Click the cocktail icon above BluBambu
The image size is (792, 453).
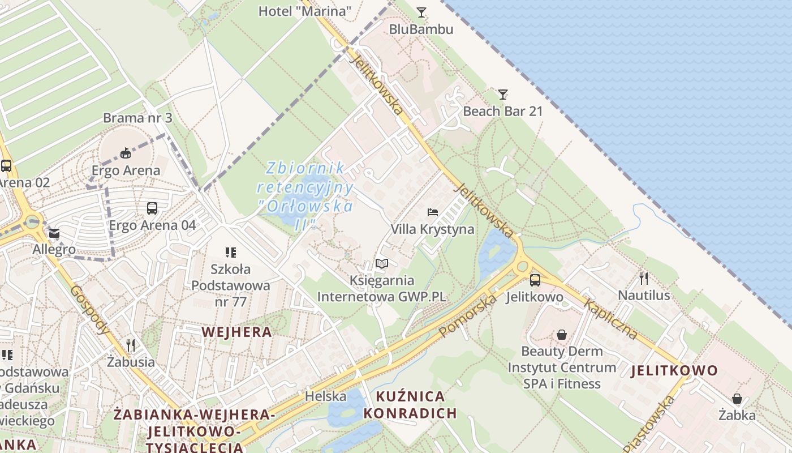click(421, 12)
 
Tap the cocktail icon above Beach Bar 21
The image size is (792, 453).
click(503, 94)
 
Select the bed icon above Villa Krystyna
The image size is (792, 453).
click(433, 212)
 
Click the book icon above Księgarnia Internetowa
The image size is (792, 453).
click(382, 263)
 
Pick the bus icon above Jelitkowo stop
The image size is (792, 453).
click(535, 280)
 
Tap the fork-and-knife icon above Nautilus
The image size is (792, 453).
click(644, 278)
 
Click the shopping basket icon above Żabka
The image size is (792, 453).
click(737, 399)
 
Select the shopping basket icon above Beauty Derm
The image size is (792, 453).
click(561, 335)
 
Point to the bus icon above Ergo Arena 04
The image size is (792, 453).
click(152, 208)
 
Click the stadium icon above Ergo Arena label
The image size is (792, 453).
click(126, 153)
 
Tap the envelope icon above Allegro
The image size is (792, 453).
click(54, 233)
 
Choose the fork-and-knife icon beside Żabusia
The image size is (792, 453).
click(131, 345)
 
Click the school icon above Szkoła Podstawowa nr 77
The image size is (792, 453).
click(230, 252)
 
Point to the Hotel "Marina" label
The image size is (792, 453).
click(305, 11)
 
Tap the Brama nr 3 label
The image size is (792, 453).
click(137, 118)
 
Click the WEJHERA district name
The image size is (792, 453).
click(237, 332)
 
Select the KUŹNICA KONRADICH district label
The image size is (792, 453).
click(410, 404)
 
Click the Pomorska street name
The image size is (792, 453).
click(467, 315)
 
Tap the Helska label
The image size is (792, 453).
click(325, 396)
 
